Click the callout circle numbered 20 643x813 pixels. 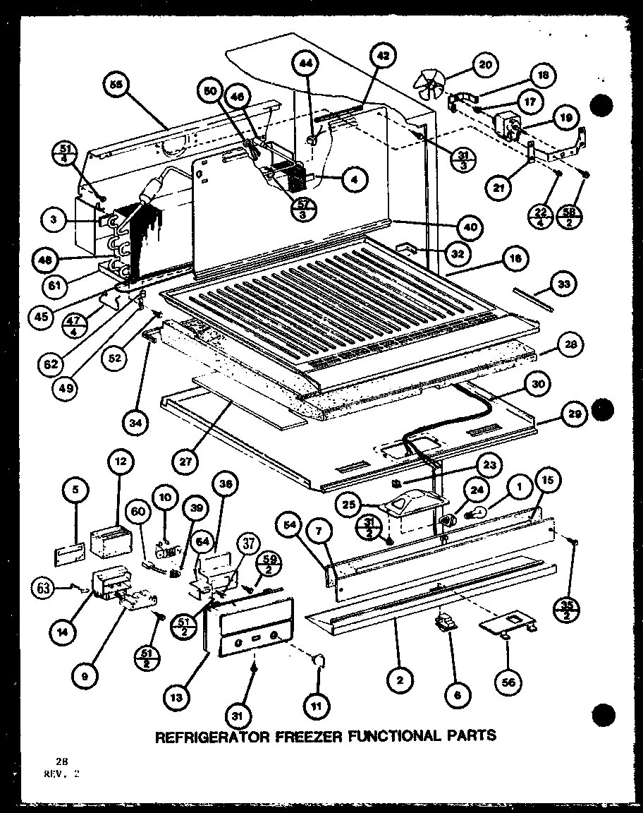point(484,66)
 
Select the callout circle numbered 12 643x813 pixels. point(121,461)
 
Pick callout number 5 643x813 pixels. point(75,488)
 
